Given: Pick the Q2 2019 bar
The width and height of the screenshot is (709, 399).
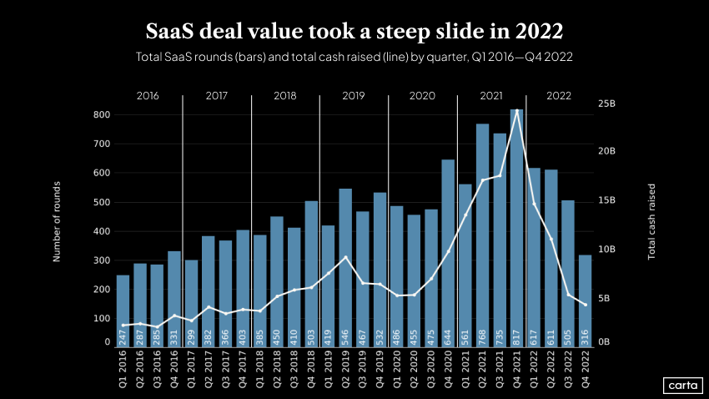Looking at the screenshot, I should click(x=345, y=267).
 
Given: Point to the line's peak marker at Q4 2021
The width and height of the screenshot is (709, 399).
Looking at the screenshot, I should click(x=516, y=110).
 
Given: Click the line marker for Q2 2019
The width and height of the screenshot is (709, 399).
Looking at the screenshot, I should click(x=345, y=257).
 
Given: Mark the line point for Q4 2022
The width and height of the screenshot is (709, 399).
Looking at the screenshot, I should click(x=585, y=305).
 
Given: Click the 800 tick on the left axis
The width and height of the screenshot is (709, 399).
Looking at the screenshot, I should click(x=101, y=114).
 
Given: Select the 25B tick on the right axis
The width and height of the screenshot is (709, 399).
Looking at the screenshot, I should click(x=606, y=104).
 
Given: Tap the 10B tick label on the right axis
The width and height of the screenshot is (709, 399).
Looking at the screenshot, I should click(x=606, y=250).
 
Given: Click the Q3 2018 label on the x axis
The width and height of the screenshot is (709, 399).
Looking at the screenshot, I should click(x=294, y=371).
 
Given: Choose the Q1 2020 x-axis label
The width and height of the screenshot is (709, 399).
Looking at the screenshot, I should click(x=397, y=371).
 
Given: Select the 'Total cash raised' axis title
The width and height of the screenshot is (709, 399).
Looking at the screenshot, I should click(x=652, y=221).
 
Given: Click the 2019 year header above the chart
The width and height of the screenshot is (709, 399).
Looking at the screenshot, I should click(x=354, y=96).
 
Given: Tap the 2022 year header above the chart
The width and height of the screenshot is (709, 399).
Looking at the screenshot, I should click(x=559, y=96).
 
